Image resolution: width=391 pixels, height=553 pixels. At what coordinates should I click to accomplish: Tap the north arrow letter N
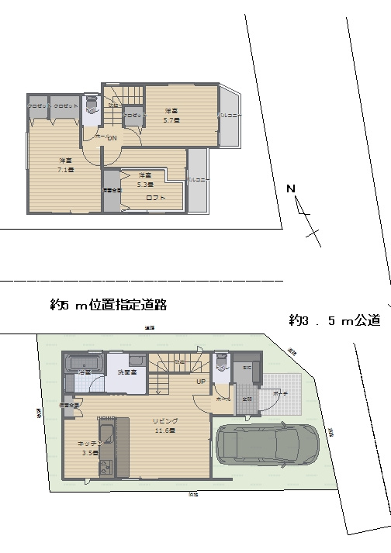point(290,188)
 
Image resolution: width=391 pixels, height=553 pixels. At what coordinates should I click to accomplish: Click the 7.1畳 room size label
point(65,165)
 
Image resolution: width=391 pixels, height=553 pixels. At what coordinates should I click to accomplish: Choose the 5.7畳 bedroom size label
point(171,116)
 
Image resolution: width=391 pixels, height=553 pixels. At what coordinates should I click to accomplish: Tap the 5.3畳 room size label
point(145,179)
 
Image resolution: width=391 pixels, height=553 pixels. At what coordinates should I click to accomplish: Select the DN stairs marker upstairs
point(112,138)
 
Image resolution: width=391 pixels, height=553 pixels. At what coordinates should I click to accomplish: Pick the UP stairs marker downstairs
point(199,382)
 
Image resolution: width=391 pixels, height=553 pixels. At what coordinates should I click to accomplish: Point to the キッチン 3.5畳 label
point(86,448)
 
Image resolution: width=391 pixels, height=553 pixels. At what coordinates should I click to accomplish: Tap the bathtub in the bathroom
point(84,362)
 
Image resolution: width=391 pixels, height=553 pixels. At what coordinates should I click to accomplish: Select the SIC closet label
point(247,367)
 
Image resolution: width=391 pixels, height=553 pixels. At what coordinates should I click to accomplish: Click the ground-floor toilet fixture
point(222,361)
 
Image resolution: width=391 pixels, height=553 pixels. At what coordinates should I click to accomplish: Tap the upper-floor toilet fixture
point(92,106)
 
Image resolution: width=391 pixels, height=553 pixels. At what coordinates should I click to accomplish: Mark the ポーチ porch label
point(279,394)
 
